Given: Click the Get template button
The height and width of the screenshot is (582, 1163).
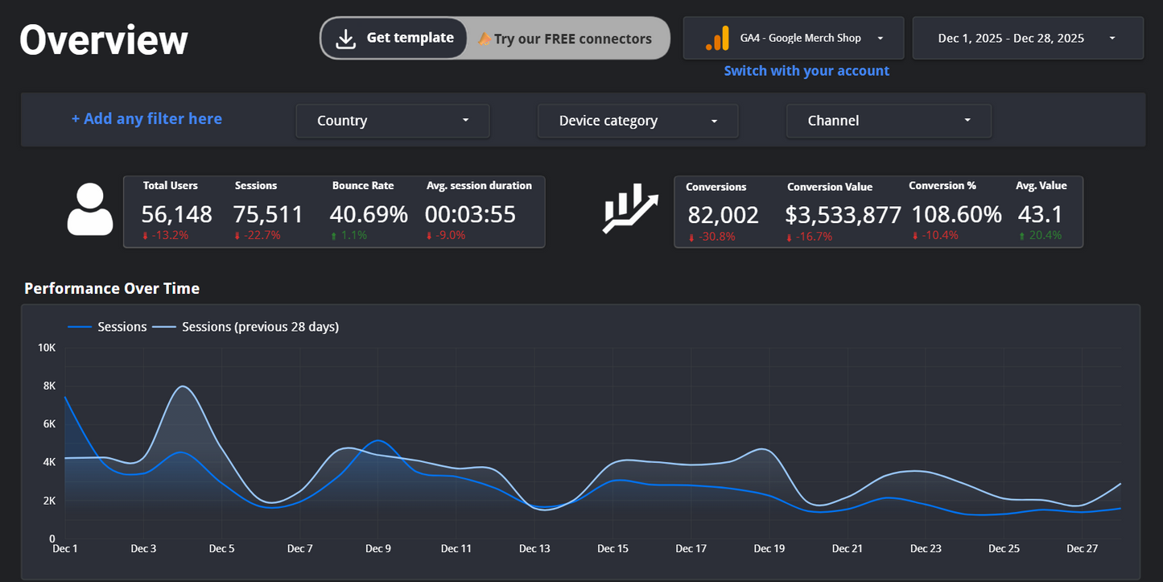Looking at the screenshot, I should [x=394, y=39].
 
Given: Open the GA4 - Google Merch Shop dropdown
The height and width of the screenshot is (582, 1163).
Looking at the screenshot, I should [x=793, y=38].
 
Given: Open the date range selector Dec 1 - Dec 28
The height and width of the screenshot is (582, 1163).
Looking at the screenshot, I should [x=1027, y=38].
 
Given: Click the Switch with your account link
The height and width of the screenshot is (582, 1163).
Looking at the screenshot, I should [x=806, y=71].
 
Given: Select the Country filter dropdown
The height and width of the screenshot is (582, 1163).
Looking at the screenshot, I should [x=393, y=121].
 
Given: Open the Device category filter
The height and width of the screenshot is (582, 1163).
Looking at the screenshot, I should [x=637, y=121].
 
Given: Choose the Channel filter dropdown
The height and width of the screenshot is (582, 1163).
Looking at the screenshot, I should [x=889, y=121].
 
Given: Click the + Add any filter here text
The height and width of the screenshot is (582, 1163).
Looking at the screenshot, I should [x=146, y=119].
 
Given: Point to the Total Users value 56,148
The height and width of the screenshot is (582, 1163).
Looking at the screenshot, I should [x=177, y=214].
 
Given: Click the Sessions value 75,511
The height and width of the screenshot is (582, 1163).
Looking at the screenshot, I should [x=268, y=214].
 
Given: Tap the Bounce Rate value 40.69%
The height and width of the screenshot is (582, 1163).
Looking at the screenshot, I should [x=369, y=214].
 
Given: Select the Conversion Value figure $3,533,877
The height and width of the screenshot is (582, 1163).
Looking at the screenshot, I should [x=843, y=216].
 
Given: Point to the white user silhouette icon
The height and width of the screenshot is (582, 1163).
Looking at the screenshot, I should [x=90, y=210].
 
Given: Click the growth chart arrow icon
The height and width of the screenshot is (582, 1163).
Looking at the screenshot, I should [x=630, y=209].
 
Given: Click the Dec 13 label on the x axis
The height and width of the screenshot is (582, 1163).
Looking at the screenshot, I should [x=534, y=549].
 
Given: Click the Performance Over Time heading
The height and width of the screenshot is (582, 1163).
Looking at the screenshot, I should [x=112, y=288].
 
